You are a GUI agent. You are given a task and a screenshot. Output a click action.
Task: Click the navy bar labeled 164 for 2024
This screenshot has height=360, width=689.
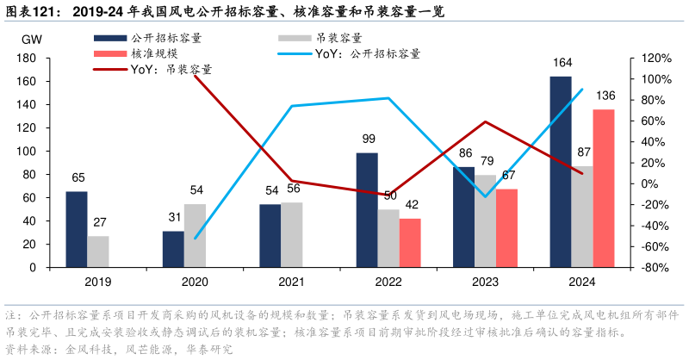point(560,172)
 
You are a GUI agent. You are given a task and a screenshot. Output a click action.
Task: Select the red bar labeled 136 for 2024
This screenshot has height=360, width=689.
point(604,189)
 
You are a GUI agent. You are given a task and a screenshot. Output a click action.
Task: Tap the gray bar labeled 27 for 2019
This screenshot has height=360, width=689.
point(98,251)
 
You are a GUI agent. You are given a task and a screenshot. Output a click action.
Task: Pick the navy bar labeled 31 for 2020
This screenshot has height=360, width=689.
point(173,249)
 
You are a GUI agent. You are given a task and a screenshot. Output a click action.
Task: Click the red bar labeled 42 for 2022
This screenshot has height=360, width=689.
point(411,243)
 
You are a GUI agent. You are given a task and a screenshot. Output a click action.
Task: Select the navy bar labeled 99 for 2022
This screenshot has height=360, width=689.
point(367,210)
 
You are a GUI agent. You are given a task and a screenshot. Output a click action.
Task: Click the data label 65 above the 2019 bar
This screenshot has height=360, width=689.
point(78,178)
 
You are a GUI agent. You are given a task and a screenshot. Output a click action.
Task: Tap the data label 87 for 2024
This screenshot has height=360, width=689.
point(582,152)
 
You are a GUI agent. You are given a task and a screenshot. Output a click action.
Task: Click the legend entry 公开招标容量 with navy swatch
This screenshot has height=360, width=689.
point(164,38)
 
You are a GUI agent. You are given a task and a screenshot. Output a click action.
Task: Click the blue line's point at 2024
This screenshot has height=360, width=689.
point(582,90)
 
